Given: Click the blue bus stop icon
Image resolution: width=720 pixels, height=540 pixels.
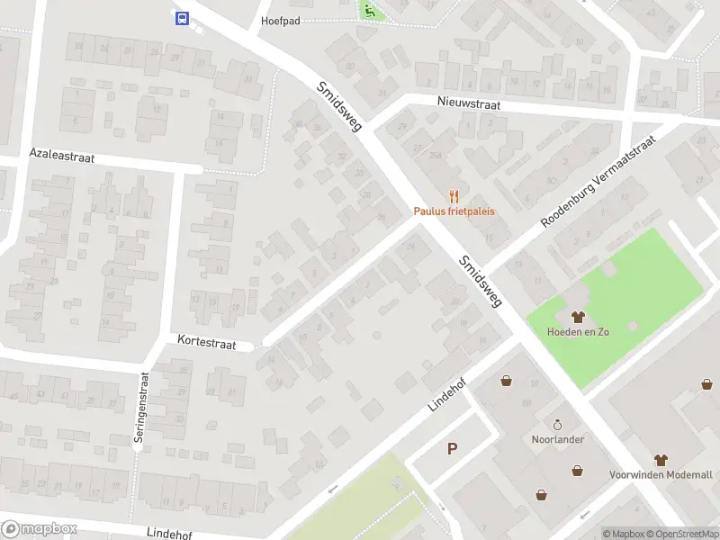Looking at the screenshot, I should pos(182,18).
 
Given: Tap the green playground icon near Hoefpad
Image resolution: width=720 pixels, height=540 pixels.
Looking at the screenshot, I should pos(369,10).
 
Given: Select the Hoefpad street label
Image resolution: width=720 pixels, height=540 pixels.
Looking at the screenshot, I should pos(280,20).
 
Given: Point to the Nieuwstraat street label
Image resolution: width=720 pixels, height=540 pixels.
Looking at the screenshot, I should pos(469,104).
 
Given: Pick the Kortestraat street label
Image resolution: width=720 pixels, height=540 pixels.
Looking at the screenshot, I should pos(207,344).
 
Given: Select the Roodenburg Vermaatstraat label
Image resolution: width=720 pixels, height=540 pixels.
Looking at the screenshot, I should pos(598,176).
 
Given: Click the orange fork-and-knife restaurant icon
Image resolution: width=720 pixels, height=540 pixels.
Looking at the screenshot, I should pos(454,196).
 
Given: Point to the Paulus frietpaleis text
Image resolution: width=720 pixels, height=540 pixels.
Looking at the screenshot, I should pos(454,212).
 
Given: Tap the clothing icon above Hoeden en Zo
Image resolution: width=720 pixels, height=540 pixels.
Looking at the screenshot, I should pos(578,316).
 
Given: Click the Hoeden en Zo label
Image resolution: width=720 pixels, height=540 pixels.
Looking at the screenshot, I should pos(578,331).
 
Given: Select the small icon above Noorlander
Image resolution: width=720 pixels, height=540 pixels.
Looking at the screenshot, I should pos(557,425).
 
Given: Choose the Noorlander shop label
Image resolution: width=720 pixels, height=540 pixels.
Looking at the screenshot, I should pos(557,439).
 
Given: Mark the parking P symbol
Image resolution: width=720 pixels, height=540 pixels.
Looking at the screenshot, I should pos(452,448).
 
